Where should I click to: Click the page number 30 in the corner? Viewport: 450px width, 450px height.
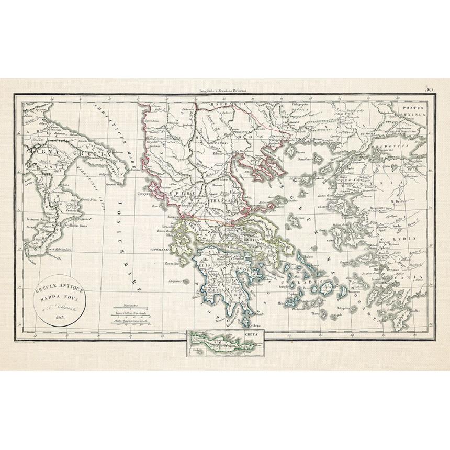[430, 89]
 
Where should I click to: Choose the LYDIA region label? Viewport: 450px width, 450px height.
[411, 238]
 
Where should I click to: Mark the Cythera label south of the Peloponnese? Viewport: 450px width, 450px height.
[246, 325]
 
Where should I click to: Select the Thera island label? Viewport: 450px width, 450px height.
[316, 314]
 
